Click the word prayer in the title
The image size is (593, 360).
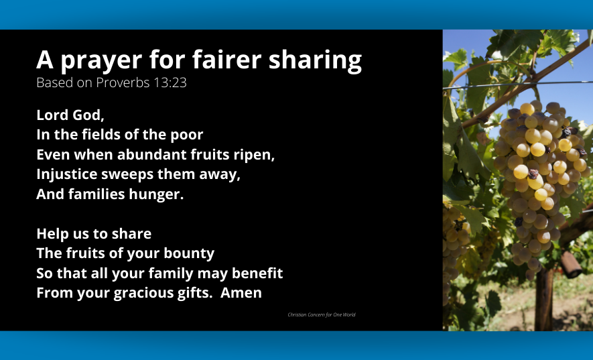point(101,60)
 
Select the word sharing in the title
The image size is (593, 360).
point(315,60)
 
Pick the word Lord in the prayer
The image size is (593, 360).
point(52,115)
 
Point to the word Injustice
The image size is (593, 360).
point(67,175)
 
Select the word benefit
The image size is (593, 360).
point(257,274)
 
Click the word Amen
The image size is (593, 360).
point(241,292)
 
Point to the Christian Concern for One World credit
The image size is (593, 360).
point(322,314)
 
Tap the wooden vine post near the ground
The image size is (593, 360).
point(544,299)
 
